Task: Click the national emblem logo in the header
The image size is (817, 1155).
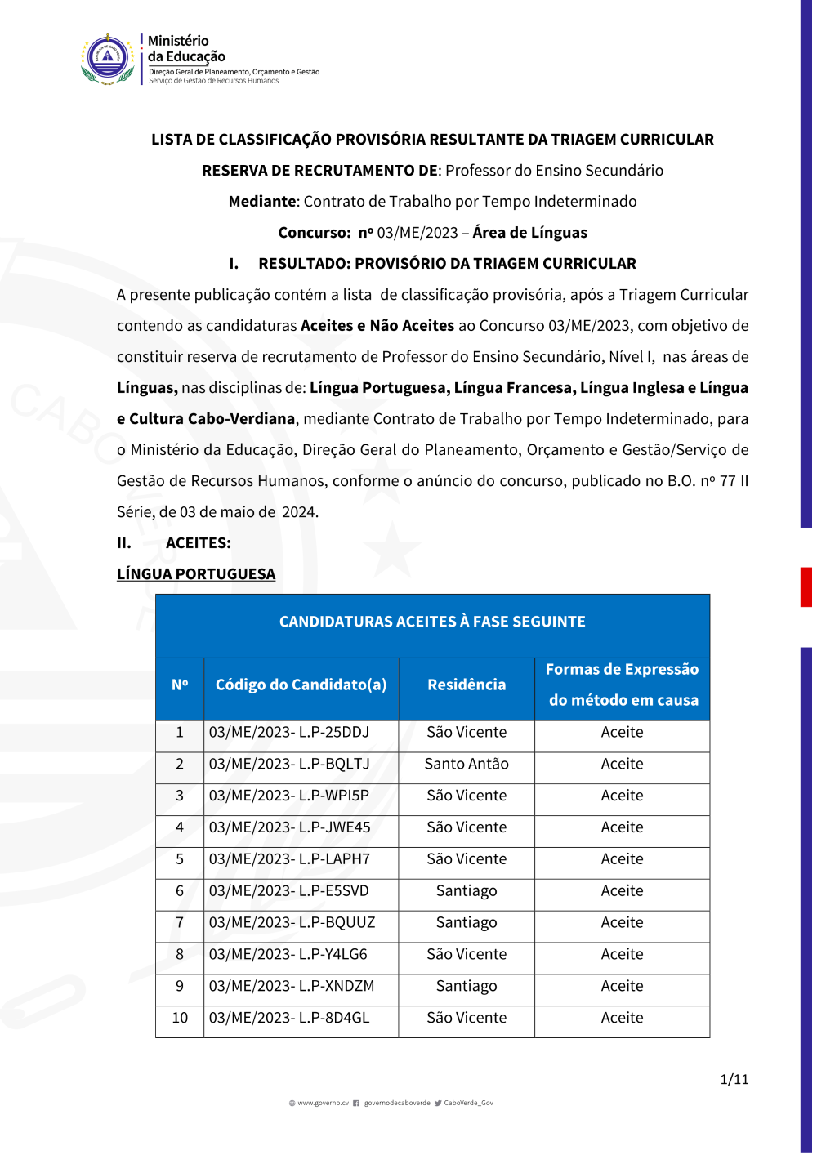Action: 108,59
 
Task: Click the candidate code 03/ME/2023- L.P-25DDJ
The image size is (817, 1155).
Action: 289,733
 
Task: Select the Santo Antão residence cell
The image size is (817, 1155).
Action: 467,765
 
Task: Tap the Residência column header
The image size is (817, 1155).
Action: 467,685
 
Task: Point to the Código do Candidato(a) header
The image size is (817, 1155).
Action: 301,685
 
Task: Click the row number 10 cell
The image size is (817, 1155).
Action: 180,1019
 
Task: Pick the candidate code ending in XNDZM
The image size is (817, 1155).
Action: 292,987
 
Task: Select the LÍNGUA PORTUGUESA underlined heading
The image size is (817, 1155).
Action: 196,574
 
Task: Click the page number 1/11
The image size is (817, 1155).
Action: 734,1080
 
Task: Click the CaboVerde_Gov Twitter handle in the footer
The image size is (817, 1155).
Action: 468,1104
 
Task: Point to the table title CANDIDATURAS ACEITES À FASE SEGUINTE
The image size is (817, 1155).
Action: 432,622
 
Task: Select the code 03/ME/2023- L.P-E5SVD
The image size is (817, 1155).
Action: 289,891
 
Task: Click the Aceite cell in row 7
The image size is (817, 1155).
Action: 622,923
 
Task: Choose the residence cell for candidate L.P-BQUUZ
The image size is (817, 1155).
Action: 467,923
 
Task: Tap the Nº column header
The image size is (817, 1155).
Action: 180,685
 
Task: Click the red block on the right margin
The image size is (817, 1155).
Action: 806,587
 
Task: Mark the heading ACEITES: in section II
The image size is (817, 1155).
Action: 199,543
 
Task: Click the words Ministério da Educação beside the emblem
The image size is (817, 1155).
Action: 186,49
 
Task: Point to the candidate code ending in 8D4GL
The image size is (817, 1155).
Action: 289,1019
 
